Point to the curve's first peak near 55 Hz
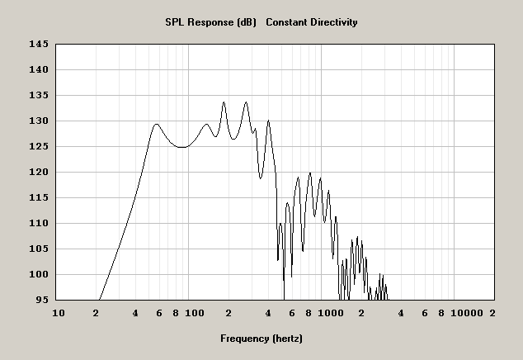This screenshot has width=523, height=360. tap(156, 125)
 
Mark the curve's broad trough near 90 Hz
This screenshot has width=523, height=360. tap(182, 147)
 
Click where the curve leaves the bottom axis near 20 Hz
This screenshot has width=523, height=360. tap(99, 300)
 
